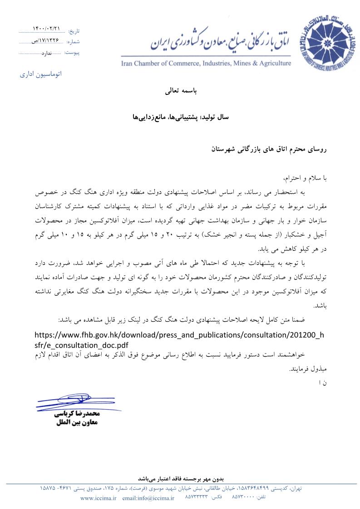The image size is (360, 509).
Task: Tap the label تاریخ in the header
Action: coord(73,31)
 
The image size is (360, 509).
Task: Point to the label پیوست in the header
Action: coord(72,53)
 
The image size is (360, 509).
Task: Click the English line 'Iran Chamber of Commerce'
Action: coord(206,63)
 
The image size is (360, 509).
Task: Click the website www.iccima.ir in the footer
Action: coord(99,498)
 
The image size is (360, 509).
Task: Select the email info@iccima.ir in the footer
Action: coord(148,498)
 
